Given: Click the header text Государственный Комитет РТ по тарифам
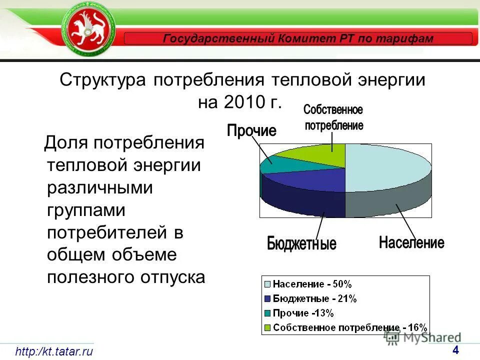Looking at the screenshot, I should [298, 38].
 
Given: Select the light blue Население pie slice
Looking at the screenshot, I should [387, 167].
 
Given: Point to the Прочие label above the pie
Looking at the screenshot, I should [251, 131].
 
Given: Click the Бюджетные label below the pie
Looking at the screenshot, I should [301, 244].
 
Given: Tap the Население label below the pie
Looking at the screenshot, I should [411, 243].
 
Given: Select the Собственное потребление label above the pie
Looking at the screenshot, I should [333, 117].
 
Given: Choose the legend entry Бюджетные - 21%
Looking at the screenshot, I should [314, 299].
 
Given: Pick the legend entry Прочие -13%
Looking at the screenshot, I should [303, 313].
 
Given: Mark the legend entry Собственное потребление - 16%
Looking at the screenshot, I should [350, 328].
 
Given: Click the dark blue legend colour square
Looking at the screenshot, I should [267, 299].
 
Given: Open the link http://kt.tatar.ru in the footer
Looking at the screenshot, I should [54, 351].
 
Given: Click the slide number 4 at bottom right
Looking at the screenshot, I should [455, 349].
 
